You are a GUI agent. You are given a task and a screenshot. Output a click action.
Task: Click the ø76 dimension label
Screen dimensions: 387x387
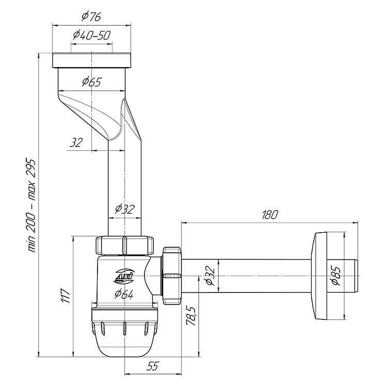[x=91, y=17]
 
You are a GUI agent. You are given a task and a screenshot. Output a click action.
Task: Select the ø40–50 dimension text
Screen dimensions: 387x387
[x=91, y=36]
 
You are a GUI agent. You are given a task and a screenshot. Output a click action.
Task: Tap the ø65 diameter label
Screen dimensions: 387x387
[x=92, y=82]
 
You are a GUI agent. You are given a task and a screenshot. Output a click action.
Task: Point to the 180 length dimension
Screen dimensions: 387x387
[x=270, y=215]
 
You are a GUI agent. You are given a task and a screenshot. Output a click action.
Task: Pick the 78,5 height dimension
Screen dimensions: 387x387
[x=191, y=316]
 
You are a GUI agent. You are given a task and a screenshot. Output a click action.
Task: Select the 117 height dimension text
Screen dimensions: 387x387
[x=66, y=296]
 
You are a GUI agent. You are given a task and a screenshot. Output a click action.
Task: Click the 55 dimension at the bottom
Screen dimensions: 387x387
[x=153, y=366]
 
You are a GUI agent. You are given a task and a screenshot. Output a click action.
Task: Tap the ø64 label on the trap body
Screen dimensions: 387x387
[x=124, y=294]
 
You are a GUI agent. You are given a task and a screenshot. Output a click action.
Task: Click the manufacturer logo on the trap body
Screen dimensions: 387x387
[x=124, y=276]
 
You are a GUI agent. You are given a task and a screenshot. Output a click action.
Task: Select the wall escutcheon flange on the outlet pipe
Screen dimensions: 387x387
[x=319, y=276]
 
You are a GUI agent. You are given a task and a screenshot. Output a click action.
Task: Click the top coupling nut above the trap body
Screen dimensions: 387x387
[x=125, y=245]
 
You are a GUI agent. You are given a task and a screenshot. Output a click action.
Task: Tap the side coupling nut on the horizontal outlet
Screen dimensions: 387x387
[x=172, y=276]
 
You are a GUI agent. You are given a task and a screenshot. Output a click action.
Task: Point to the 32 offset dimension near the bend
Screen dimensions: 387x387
[x=76, y=142]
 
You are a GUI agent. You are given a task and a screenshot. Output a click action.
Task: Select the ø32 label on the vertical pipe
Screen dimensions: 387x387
[x=125, y=209]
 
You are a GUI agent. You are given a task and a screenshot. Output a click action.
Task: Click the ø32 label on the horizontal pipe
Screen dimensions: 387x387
[x=210, y=275]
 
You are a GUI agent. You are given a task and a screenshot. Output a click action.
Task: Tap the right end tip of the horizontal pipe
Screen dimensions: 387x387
[x=358, y=276]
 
